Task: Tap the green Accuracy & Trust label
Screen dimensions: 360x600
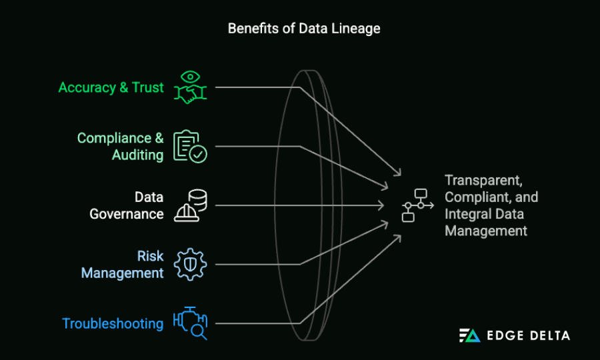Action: point(111,87)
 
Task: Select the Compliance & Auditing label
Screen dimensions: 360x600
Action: point(120,146)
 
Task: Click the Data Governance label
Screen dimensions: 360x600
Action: point(127,205)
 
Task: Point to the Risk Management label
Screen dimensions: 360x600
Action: point(123,264)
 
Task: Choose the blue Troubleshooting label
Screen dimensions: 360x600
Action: point(113,323)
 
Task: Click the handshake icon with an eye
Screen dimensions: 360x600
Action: point(190,87)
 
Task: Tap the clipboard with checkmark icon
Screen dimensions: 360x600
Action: point(190,147)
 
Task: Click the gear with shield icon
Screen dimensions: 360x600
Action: point(190,264)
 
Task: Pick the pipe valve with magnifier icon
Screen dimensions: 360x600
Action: point(190,323)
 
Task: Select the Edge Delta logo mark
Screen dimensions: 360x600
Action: point(470,335)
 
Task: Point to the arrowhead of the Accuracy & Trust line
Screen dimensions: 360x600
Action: point(399,173)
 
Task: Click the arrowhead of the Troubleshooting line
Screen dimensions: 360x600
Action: point(399,237)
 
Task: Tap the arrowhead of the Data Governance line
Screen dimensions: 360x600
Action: point(382,205)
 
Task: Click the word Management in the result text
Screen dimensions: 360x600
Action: point(486,231)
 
